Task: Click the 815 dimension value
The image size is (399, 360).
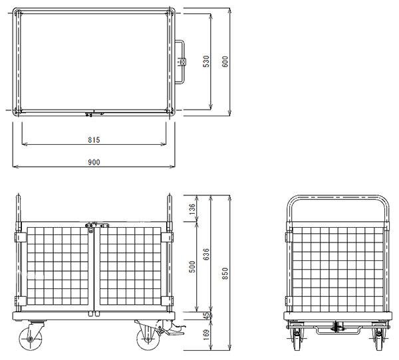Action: click(x=94, y=139)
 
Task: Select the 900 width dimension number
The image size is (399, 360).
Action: click(x=94, y=162)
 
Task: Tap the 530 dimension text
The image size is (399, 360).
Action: click(x=206, y=61)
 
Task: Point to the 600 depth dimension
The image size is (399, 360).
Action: click(x=225, y=61)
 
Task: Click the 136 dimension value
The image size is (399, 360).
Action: click(x=192, y=209)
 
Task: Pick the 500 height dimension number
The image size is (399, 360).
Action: click(x=192, y=267)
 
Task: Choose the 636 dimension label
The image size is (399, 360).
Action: click(x=206, y=254)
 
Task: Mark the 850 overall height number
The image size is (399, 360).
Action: click(x=225, y=274)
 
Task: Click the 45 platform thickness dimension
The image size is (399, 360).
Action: click(x=207, y=315)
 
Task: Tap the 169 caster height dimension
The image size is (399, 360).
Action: click(x=206, y=335)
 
